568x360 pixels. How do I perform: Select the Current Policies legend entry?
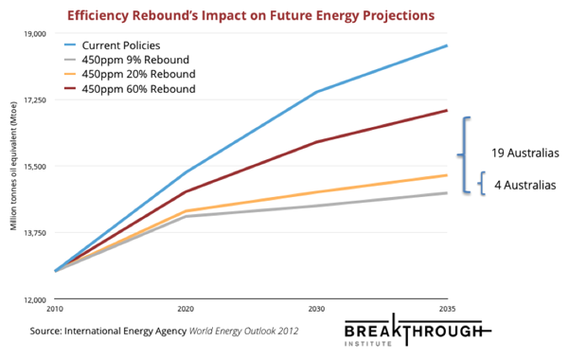(128, 45)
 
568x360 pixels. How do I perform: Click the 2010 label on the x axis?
(57, 310)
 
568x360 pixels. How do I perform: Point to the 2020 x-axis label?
(185, 310)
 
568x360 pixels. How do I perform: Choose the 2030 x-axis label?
(315, 310)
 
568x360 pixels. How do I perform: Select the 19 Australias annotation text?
(526, 153)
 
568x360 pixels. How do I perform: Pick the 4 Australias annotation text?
(525, 185)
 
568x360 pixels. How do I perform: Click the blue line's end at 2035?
(447, 45)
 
